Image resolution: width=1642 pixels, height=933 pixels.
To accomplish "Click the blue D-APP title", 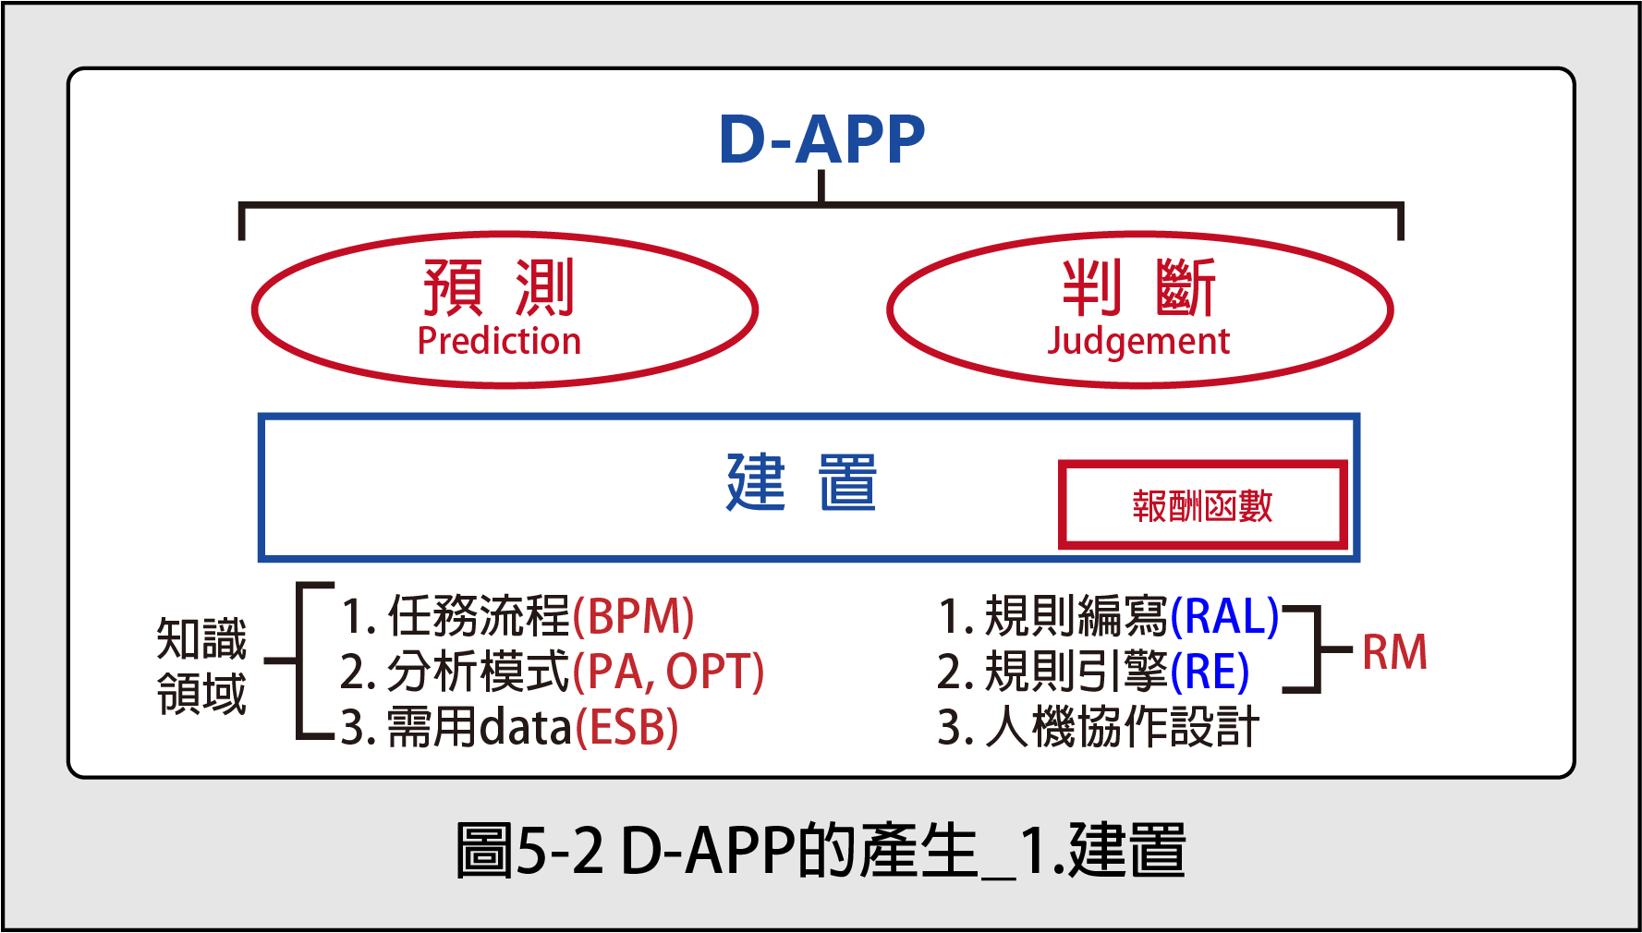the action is pyautogui.click(x=821, y=139).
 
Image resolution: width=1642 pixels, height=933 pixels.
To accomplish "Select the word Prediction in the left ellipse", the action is pyautogui.click(x=499, y=341).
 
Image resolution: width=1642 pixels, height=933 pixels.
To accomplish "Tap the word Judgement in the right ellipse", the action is pyautogui.click(x=1138, y=342).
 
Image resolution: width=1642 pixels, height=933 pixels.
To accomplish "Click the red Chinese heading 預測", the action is pyautogui.click(x=499, y=287).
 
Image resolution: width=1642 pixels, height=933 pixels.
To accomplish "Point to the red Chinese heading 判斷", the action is pyautogui.click(x=1138, y=287).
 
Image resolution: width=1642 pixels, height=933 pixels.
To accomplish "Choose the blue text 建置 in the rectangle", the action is pyautogui.click(x=801, y=482).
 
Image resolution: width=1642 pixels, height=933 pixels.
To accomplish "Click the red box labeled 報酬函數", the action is pyautogui.click(x=1202, y=504).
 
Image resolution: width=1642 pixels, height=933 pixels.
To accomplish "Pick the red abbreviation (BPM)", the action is pyautogui.click(x=633, y=616).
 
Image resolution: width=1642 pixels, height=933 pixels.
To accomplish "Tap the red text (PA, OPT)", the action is pyautogui.click(x=668, y=672).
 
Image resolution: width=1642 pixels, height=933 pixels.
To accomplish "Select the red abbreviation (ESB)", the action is pyautogui.click(x=627, y=727).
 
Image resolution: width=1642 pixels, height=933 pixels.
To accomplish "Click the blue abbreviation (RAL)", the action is pyautogui.click(x=1224, y=616).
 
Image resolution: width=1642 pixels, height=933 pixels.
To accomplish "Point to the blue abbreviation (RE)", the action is pyautogui.click(x=1210, y=672).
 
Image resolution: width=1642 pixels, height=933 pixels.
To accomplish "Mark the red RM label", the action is pyautogui.click(x=1394, y=652).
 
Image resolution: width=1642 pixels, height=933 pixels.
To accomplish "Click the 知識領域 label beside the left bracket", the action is pyautogui.click(x=201, y=666).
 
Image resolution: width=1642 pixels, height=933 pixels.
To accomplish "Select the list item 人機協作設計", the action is pyautogui.click(x=1122, y=727).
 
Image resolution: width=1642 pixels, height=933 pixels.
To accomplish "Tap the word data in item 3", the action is pyautogui.click(x=526, y=727).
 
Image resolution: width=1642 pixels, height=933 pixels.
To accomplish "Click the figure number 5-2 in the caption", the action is pyautogui.click(x=559, y=851).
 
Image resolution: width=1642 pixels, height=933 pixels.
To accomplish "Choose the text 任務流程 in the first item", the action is pyautogui.click(x=479, y=616).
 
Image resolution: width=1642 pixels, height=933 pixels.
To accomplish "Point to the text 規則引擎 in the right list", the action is pyautogui.click(x=1076, y=672).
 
